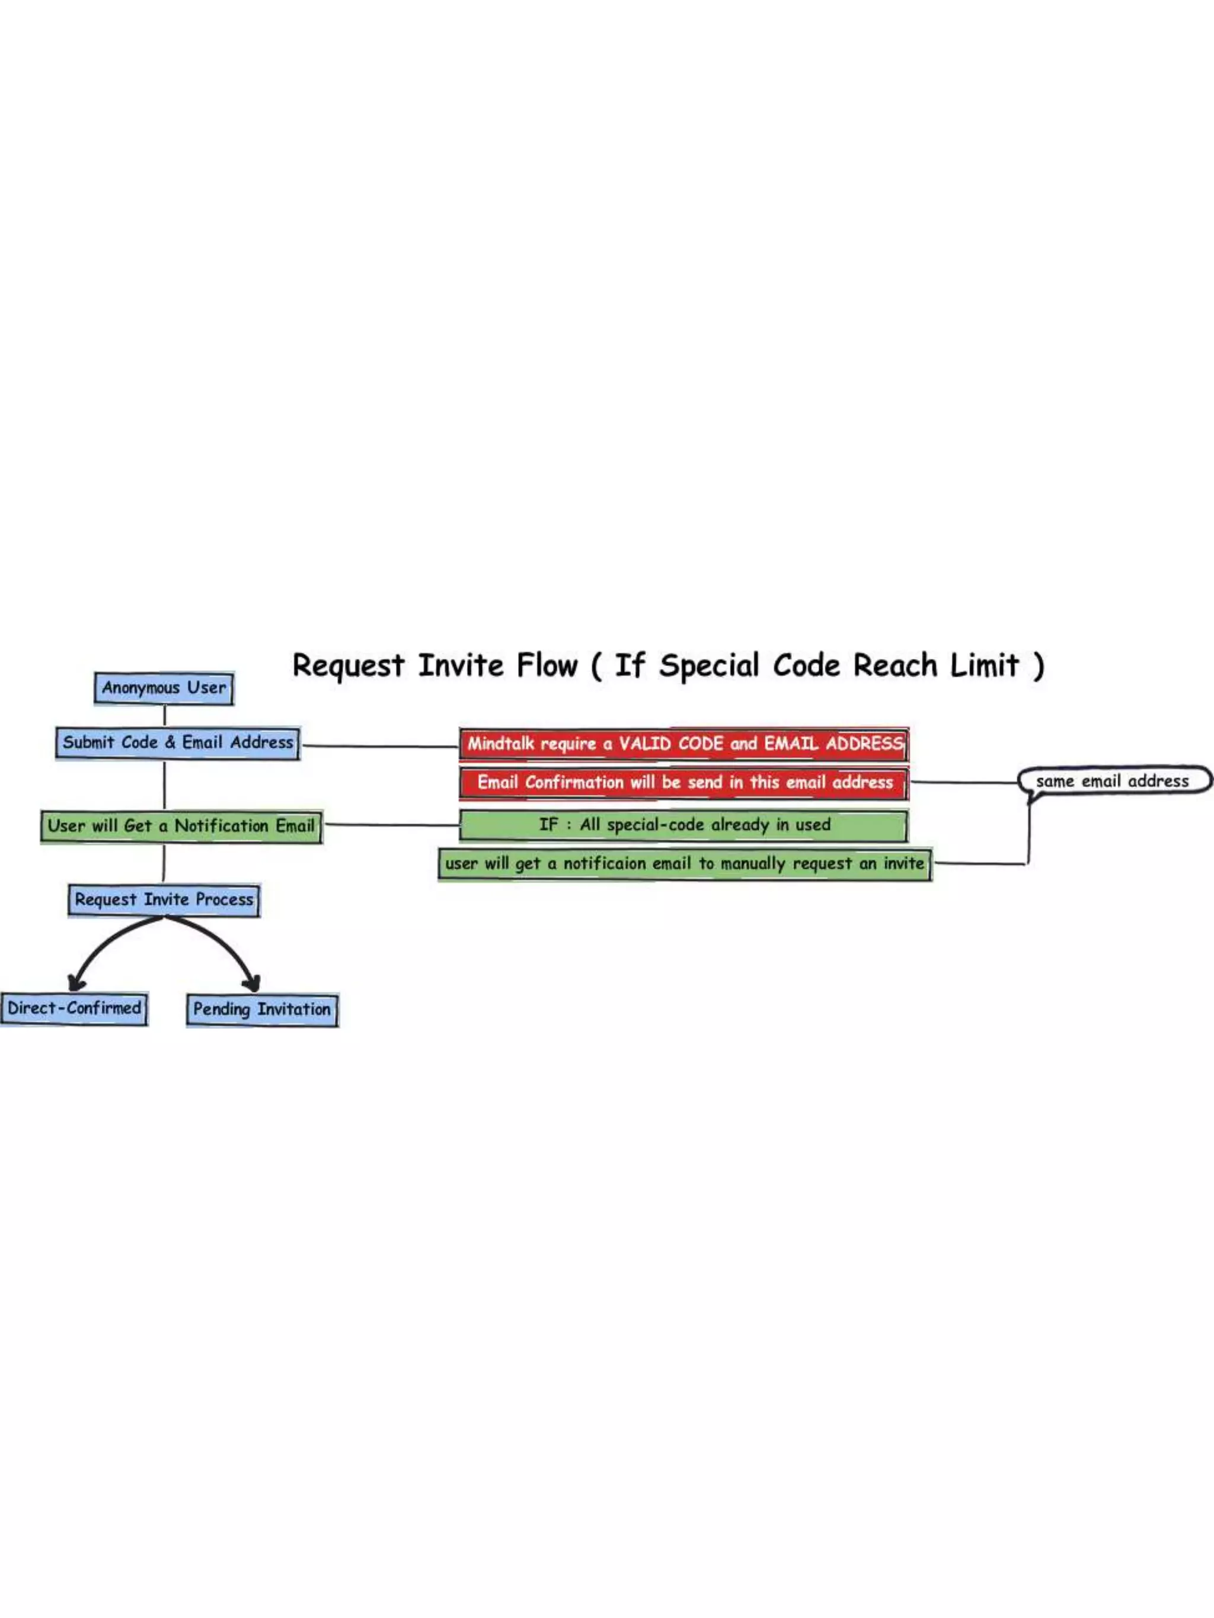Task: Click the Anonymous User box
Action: coord(164,688)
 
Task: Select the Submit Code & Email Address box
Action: coord(178,743)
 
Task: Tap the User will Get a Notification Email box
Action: coord(181,826)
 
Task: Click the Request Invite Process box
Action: coord(164,900)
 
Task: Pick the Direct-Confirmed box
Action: coord(74,1009)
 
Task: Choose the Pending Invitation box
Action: coord(262,1010)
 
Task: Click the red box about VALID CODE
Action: coord(684,745)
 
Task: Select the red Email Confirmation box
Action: coord(684,783)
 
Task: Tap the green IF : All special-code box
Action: coord(684,826)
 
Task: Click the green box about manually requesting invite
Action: coord(684,864)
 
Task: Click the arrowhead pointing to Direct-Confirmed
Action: coord(75,982)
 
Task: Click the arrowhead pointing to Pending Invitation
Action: coord(252,982)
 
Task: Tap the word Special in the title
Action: coord(709,666)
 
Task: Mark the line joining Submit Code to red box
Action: coord(381,746)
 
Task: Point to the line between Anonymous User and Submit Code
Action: coord(165,715)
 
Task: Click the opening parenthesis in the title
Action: coord(596,667)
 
